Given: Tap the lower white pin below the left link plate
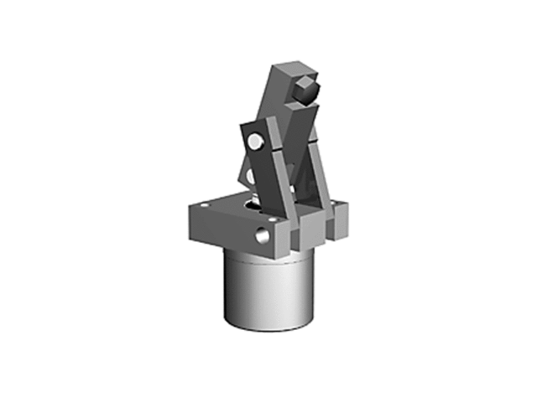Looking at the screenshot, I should point(251,176).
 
